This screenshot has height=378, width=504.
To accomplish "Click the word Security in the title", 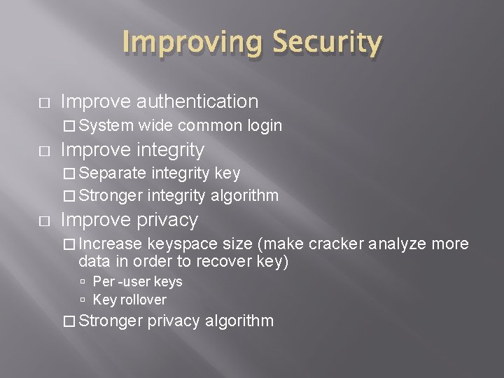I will (x=327, y=43).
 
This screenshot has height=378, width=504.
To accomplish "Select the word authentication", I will (x=197, y=101).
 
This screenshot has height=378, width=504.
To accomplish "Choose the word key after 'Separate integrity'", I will (x=227, y=174).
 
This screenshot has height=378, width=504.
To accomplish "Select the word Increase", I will (x=111, y=244).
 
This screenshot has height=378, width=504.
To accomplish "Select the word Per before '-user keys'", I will (x=102, y=282).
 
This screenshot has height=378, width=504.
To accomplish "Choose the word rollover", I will (x=143, y=300).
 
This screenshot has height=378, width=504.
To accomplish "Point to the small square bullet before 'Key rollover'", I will (x=83, y=300).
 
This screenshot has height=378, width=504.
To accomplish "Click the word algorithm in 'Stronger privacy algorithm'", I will (x=239, y=321).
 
